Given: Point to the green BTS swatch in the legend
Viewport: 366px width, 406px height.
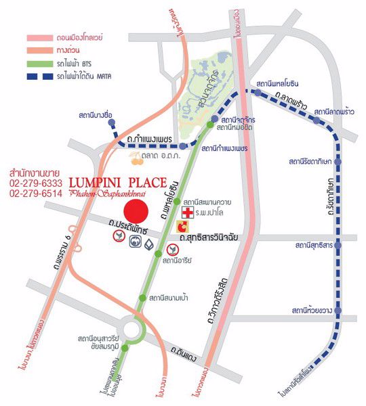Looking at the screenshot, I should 43,63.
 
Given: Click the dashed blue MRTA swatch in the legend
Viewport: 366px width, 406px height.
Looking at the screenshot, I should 43,76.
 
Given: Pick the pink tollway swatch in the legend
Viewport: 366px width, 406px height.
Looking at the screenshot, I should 43,37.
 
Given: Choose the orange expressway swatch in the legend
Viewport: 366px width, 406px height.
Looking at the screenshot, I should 43,50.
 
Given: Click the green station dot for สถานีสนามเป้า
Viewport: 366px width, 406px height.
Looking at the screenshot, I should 141,298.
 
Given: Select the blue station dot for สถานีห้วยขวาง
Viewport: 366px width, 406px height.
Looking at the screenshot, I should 338,311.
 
